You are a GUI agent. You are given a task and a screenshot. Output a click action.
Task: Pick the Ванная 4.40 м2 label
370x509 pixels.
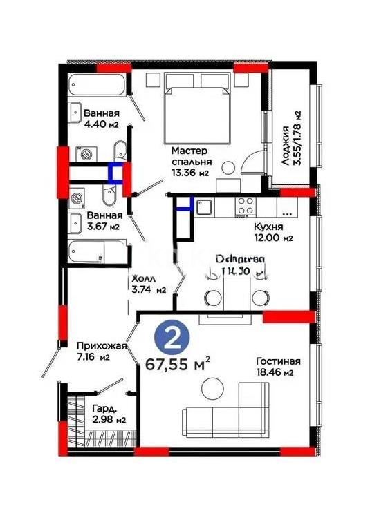click(x=102, y=119)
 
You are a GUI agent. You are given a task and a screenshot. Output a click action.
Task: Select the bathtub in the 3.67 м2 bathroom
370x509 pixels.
click(x=97, y=253)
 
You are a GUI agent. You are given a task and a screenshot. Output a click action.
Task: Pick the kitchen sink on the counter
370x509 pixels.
click(x=205, y=204)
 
